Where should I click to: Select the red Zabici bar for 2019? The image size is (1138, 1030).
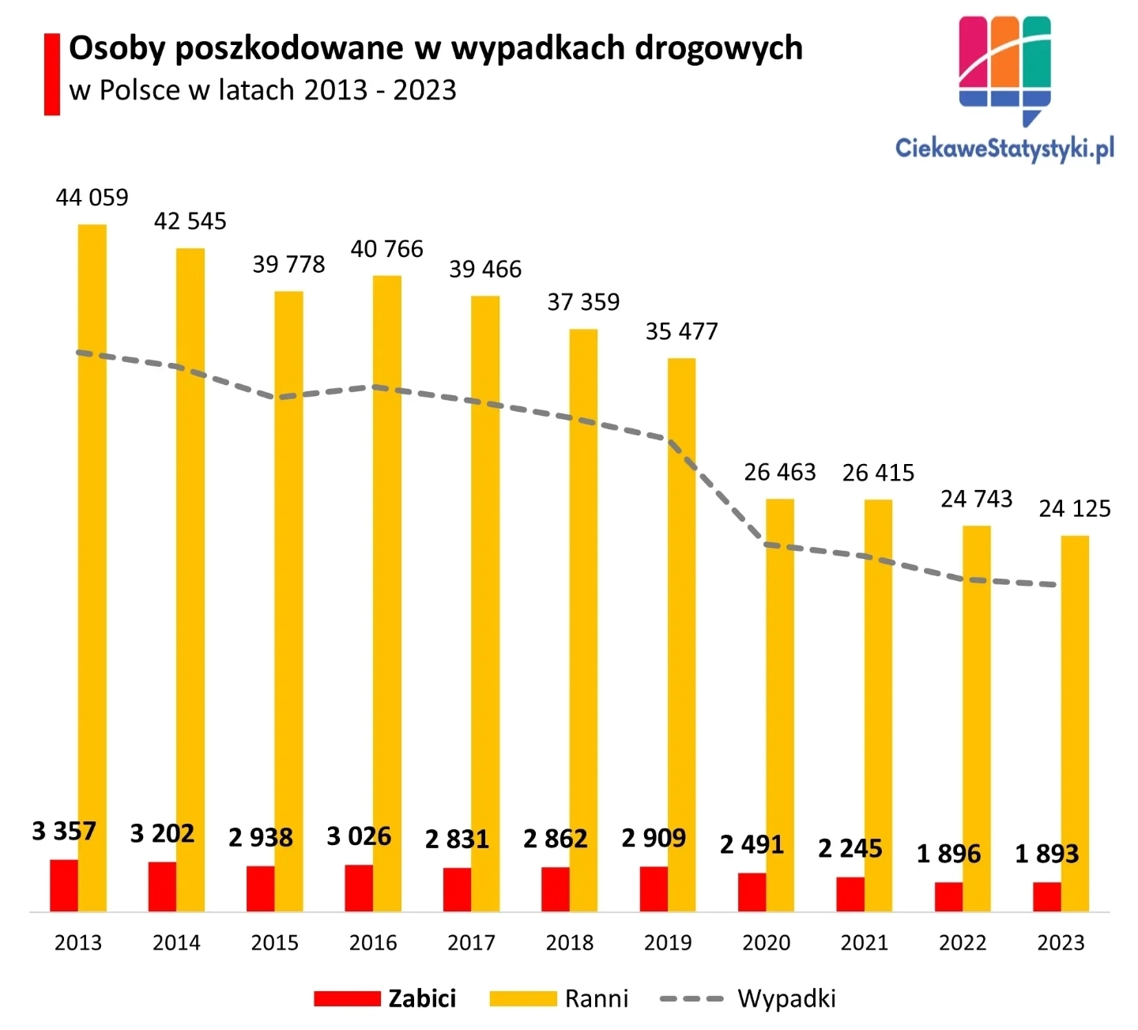pos(654,889)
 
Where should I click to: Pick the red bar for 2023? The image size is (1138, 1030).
pos(1046,897)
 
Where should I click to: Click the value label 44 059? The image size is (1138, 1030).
pos(92,198)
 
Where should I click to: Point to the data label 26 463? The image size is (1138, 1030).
pos(780,473)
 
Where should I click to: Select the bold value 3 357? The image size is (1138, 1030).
pos(64,832)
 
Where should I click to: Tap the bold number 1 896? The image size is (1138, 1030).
pos(948,854)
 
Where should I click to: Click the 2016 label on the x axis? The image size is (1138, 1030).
pos(373,943)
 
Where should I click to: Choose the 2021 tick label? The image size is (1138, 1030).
pos(865,943)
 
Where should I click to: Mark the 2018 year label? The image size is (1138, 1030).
pos(570,943)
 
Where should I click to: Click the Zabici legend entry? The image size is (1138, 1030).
pos(422,999)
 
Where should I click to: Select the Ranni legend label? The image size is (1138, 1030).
pos(597,999)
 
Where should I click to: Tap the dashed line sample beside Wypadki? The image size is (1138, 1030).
pos(691,999)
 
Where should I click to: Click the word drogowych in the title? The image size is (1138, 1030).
pos(718,49)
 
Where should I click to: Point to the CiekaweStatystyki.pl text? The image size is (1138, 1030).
pos(1004,148)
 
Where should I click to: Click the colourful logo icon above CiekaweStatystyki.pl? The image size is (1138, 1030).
pos(1004,67)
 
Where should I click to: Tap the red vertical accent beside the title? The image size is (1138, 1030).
pos(52,74)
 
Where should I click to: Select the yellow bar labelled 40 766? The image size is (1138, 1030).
pos(387,593)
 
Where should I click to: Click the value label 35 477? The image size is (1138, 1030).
pos(681,332)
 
